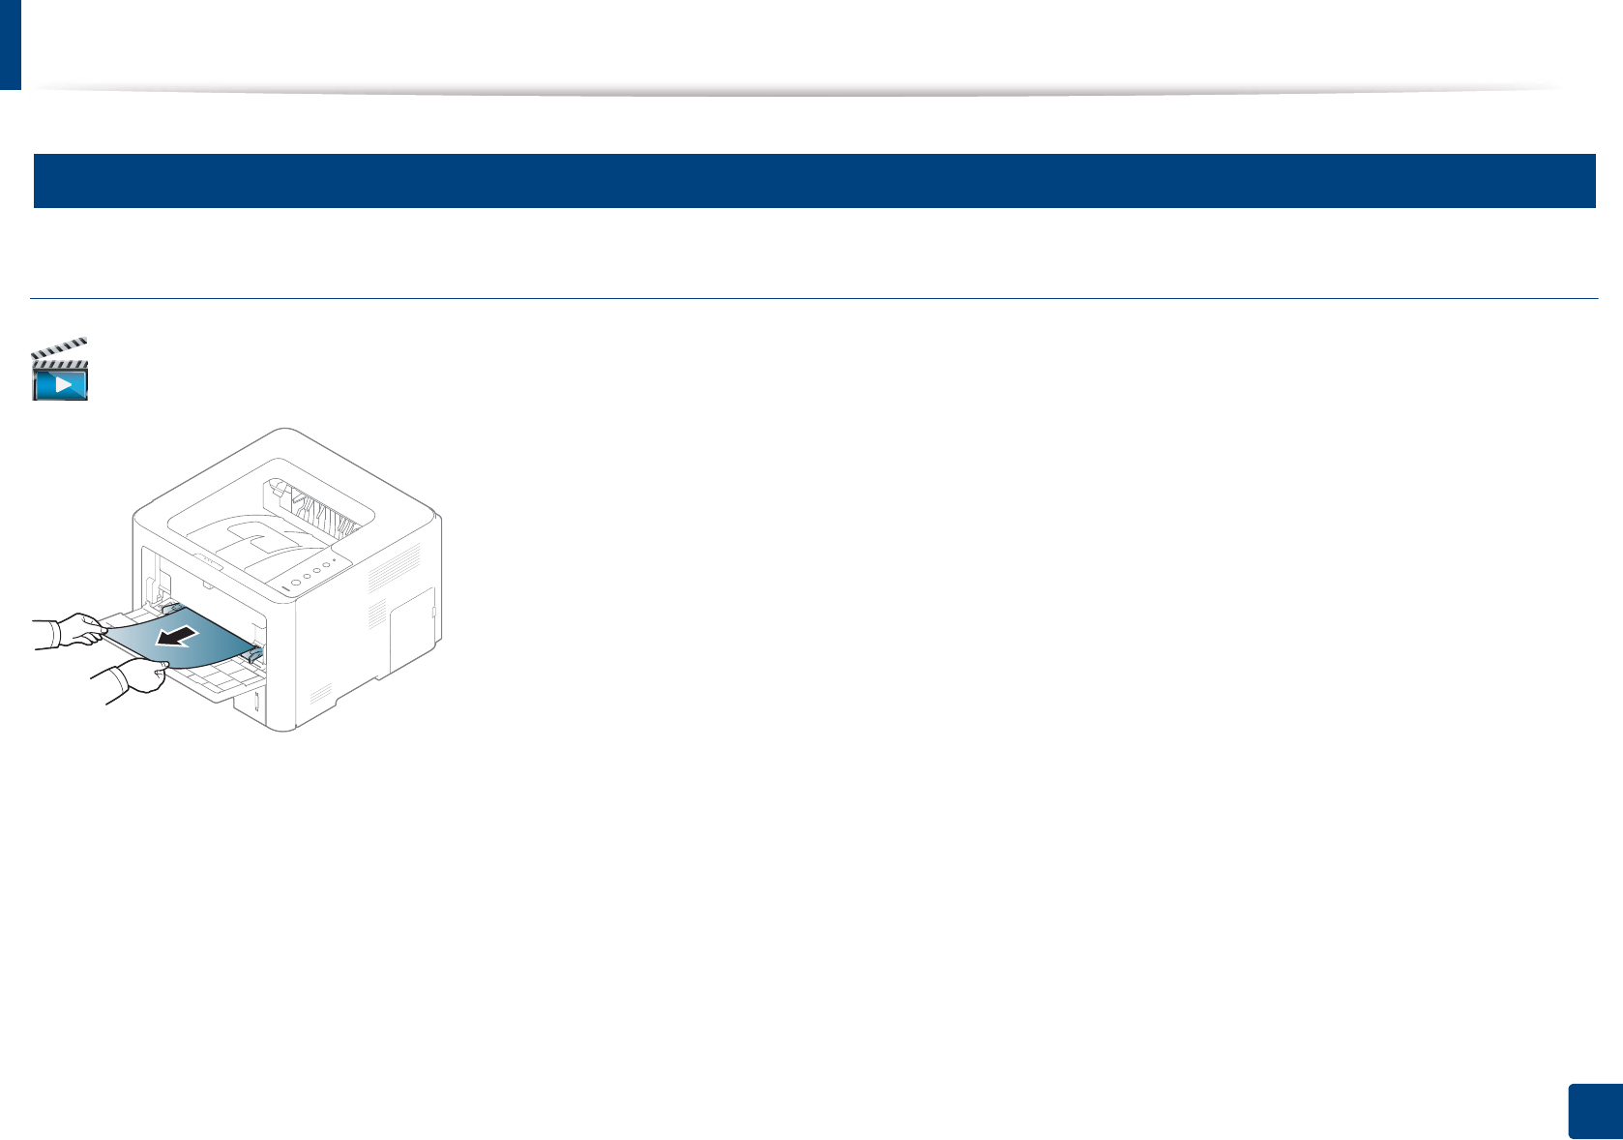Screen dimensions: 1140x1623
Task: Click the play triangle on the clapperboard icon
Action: [62, 383]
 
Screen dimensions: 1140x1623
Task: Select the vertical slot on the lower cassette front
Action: [257, 703]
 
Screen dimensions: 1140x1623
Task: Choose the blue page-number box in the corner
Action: [1593, 1111]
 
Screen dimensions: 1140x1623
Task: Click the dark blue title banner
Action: [813, 181]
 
